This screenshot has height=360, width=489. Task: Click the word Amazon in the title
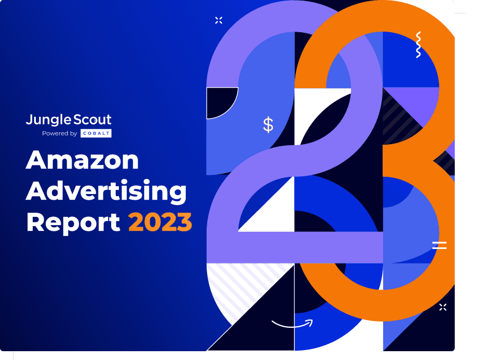[83, 160]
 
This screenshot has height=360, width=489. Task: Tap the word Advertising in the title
[106, 191]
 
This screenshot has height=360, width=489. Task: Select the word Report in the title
[73, 222]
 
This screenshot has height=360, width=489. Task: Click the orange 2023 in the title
[160, 221]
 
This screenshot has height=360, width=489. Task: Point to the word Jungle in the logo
[49, 120]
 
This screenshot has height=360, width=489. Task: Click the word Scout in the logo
[92, 120]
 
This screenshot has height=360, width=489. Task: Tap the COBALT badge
[96, 133]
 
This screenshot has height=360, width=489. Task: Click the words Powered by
[60, 133]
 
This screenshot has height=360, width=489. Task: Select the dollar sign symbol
[268, 124]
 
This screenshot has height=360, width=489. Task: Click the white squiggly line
[418, 45]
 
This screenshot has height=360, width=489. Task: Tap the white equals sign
[439, 245]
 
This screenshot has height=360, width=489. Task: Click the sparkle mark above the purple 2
[219, 20]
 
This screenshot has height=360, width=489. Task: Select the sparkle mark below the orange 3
[443, 307]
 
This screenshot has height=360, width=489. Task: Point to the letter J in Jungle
[29, 120]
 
